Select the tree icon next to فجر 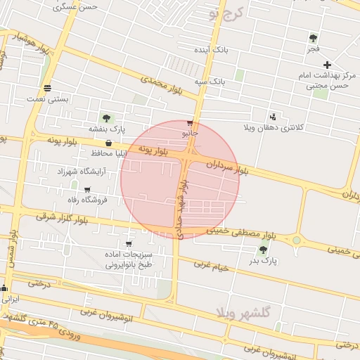pyautogui.click(x=313, y=38)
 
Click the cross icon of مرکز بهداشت pyautogui.click(x=328, y=65)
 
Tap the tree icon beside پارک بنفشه pyautogui.click(x=106, y=118)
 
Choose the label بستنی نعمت pyautogui.click(x=48, y=99)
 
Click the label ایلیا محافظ pyautogui.click(x=108, y=153)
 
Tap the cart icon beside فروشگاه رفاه pyautogui.click(x=87, y=189)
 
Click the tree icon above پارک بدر pyautogui.click(x=263, y=250)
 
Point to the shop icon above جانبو pyautogui.click(x=190, y=122)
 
